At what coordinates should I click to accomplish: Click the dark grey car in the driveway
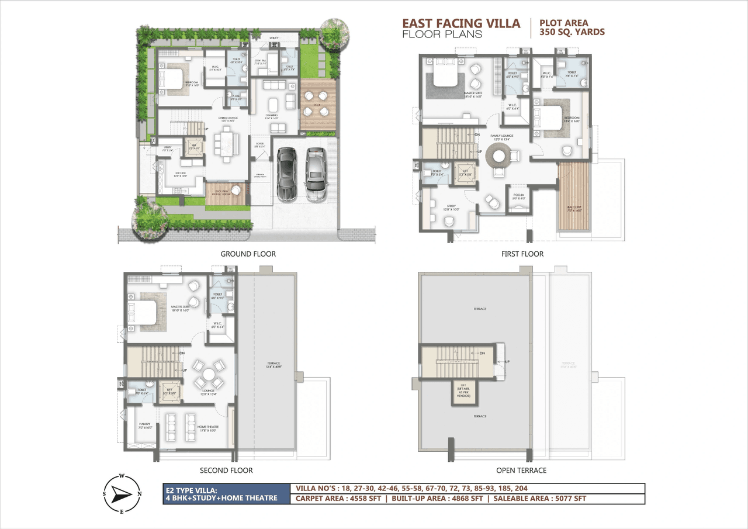pyautogui.click(x=286, y=173)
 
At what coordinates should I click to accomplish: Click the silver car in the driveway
pyautogui.click(x=315, y=173)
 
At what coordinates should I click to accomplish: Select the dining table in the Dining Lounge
pyautogui.click(x=226, y=142)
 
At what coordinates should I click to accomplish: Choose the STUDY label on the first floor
pyautogui.click(x=452, y=206)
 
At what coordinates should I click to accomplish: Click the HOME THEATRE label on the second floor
pyautogui.click(x=207, y=427)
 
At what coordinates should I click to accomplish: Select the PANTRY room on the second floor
pyautogui.click(x=144, y=425)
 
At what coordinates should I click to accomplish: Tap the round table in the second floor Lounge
pyautogui.click(x=208, y=375)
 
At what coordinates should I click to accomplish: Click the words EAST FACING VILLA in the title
pyautogui.click(x=460, y=23)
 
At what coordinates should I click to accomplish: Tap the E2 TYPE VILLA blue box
pyautogui.click(x=227, y=494)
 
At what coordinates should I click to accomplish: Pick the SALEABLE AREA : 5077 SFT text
pyautogui.click(x=539, y=499)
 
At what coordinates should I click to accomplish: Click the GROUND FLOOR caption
pyautogui.click(x=248, y=254)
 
